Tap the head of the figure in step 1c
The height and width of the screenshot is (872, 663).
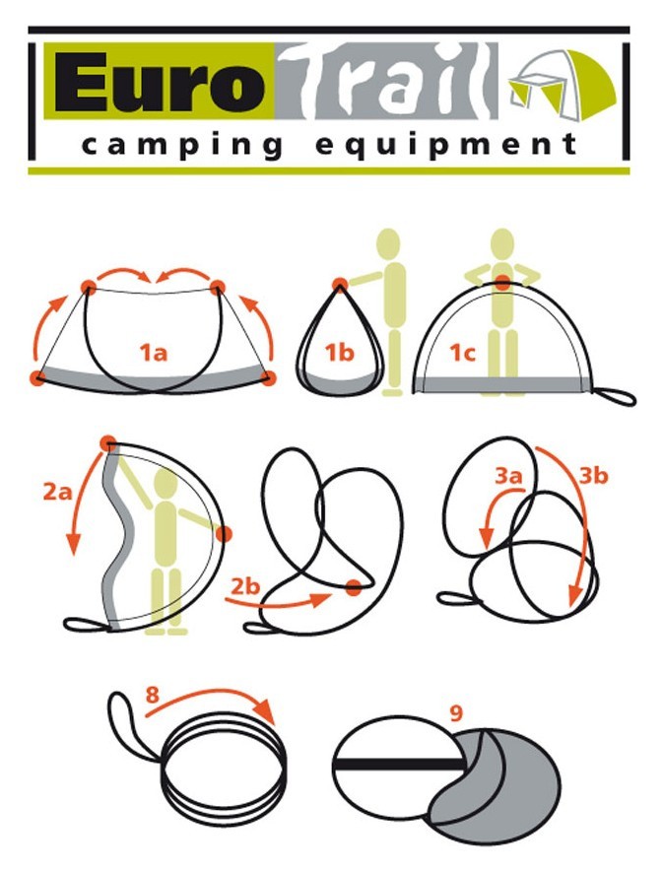pyautogui.click(x=503, y=242)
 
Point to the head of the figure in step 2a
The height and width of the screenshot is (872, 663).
pyautogui.click(x=165, y=480)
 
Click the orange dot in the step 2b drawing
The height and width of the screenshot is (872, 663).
pyautogui.click(x=353, y=589)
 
